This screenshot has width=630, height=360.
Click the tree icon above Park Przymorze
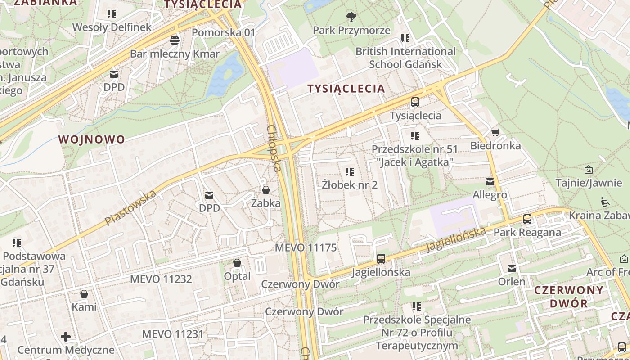pyautogui.click(x=351, y=17)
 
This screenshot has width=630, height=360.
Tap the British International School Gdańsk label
pyautogui.click(x=405, y=58)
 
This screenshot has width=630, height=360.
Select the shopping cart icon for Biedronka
pyautogui.click(x=495, y=132)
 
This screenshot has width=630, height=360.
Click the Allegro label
pyautogui.click(x=490, y=195)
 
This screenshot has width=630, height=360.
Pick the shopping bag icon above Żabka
pyautogui.click(x=266, y=189)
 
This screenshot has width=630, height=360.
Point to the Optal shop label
pyautogui.click(x=237, y=276)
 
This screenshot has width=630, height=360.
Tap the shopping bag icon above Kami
pyautogui.click(x=84, y=294)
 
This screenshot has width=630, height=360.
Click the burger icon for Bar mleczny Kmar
pyautogui.click(x=175, y=40)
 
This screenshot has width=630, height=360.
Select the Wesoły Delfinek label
pyautogui.click(x=112, y=27)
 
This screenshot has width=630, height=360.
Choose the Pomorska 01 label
pyautogui.click(x=223, y=32)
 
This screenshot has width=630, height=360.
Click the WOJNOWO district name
pyautogui.click(x=92, y=139)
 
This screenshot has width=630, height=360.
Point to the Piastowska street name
pyautogui.click(x=130, y=208)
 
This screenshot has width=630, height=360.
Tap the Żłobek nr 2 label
pyautogui.click(x=350, y=184)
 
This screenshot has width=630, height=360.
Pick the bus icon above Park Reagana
pyautogui.click(x=527, y=219)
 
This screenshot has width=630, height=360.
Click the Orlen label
pyautogui.click(x=512, y=282)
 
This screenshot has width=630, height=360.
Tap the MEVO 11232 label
pyautogui.click(x=161, y=279)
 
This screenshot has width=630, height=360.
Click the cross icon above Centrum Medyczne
pyautogui.click(x=66, y=336)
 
